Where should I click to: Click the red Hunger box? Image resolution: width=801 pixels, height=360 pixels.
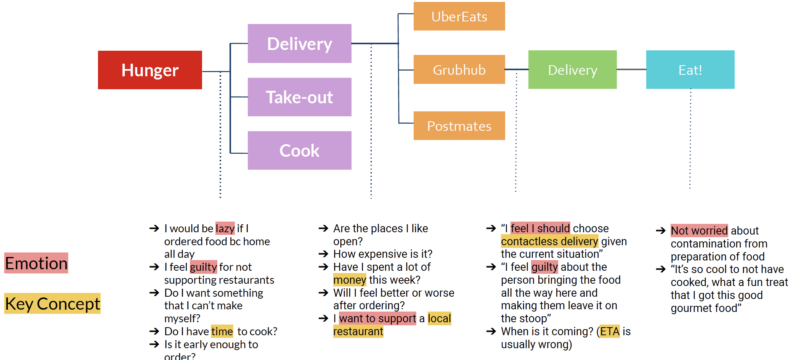point(150,70)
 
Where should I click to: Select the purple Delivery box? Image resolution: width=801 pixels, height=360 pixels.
point(299,43)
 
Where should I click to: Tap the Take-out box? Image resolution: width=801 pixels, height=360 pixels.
point(299,97)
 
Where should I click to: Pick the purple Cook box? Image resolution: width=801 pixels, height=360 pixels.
point(299,151)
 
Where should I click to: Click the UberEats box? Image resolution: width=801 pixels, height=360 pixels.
point(459,16)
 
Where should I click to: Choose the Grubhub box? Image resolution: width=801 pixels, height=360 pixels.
point(459,70)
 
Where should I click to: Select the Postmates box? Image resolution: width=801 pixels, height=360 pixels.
point(459,126)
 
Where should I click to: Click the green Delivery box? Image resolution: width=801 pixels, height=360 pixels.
point(572,70)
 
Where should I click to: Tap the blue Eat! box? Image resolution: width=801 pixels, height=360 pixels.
point(690,70)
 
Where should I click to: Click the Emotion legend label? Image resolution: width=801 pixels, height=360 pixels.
point(36,263)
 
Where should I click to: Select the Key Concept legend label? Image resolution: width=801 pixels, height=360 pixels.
point(53,304)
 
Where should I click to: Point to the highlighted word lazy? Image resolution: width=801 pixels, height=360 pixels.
point(225,228)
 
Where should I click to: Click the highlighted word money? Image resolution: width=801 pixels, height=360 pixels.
point(350,280)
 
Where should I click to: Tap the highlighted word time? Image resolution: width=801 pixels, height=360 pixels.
point(222,331)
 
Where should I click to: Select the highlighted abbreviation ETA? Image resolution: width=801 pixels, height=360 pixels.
point(610,331)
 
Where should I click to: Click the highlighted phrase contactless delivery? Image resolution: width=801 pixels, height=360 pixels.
point(549,241)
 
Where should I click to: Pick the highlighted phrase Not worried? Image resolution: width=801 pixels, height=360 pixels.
point(699,231)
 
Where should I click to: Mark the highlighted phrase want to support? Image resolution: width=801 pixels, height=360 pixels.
point(377,318)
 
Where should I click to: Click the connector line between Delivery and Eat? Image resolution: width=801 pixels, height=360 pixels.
point(631,69)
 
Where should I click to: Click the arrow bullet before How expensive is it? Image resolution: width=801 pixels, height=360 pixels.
point(323,254)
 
